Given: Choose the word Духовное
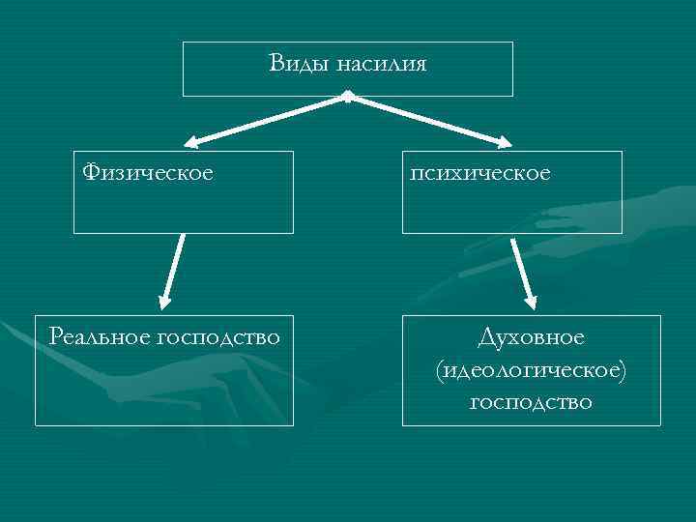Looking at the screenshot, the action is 531,337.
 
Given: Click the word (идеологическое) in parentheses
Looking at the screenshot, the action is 531,369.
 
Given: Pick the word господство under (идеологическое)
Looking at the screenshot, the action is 531,400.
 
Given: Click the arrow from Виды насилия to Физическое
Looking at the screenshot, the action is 266,121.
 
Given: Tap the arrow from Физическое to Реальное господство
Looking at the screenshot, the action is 173,271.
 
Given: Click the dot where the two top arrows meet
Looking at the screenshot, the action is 347,97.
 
